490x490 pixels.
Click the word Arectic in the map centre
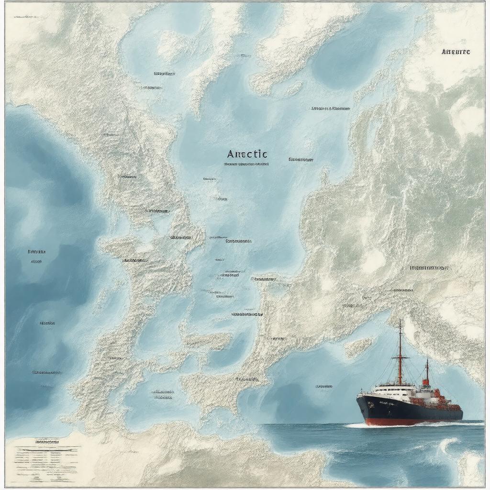click(247, 154)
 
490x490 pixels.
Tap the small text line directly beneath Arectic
click(246, 164)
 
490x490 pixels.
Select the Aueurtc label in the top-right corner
click(455, 52)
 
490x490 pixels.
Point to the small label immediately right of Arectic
click(301, 159)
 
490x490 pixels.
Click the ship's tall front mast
click(400, 354)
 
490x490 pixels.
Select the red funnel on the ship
click(425, 382)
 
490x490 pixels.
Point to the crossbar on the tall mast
click(400, 356)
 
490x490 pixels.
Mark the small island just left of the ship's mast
click(359, 347)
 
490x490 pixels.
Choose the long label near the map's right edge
click(429, 268)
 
